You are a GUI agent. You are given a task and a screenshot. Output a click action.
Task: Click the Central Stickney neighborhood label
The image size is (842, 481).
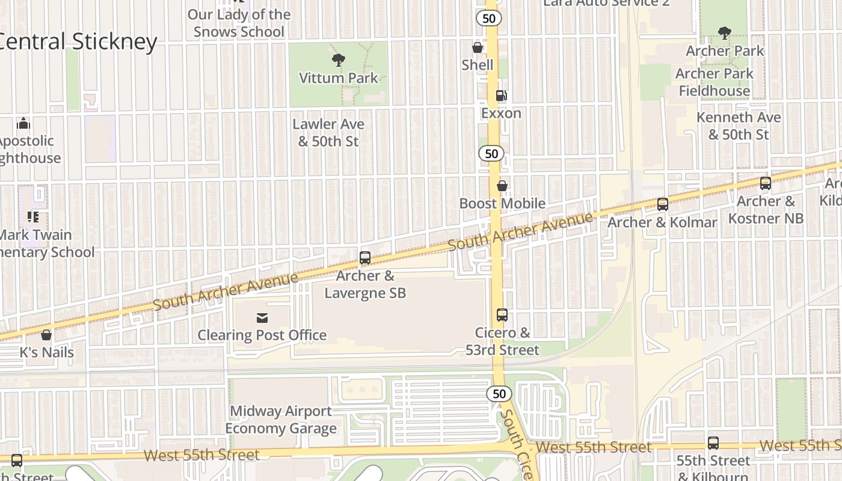click(78, 41)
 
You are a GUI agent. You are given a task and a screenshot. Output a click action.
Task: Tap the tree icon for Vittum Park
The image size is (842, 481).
click(339, 60)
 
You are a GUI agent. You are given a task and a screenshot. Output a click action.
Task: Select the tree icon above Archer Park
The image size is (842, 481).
click(725, 33)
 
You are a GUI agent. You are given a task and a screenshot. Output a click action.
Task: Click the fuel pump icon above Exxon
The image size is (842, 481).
click(501, 95)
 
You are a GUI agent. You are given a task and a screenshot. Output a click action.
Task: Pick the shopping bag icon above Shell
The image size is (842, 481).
click(478, 47)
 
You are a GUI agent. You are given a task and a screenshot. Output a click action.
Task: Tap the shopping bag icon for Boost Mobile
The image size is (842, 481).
click(502, 186)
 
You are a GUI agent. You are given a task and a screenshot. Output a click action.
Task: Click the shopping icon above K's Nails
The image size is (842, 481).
click(46, 335)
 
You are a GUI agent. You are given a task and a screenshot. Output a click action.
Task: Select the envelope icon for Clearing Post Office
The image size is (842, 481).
click(262, 317)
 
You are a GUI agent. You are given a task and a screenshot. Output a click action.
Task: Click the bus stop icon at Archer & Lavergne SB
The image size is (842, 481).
click(365, 258)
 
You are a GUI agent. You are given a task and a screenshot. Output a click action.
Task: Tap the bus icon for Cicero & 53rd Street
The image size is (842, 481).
click(502, 314)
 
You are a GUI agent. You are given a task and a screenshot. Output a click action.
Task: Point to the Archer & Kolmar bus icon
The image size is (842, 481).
click(662, 204)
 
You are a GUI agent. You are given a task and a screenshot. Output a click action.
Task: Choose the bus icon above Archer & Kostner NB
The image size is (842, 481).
click(766, 183)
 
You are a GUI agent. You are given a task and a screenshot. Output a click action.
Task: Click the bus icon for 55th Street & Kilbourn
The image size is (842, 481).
click(713, 443)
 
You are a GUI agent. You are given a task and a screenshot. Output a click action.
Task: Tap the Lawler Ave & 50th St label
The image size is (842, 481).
click(328, 133)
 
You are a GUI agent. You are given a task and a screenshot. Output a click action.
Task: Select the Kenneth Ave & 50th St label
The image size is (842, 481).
click(739, 126)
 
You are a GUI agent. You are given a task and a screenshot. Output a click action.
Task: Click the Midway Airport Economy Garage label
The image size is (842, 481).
click(281, 420)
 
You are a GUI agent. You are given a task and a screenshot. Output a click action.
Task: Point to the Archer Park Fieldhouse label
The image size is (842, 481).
click(714, 82)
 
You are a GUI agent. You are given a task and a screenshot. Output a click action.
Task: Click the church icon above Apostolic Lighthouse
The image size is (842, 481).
click(23, 123)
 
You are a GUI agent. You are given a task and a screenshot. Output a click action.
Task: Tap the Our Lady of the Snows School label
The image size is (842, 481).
click(239, 23)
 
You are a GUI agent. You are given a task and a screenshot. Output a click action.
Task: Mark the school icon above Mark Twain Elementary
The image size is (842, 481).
click(32, 216)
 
